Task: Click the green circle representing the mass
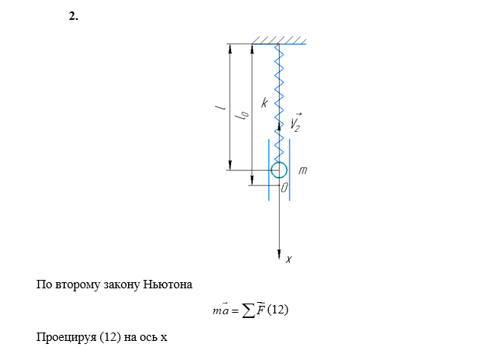279,170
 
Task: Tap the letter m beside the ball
303,170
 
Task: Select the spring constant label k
264,102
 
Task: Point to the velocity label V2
295,123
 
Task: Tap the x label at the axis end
289,260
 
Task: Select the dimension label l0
243,115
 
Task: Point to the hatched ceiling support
280,40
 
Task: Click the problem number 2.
73,16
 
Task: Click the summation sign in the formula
247,310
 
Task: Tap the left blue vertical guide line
268,169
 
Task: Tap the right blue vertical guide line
290,169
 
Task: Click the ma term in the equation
220,310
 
